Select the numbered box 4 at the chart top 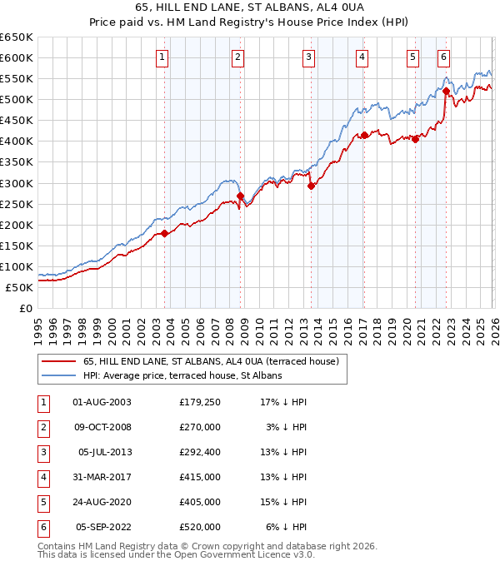tap(362, 57)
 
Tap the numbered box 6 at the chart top tap(443, 57)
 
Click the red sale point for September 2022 tap(446, 91)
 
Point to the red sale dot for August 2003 tap(164, 233)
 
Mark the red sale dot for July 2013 tap(311, 186)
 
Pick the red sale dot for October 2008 tap(240, 196)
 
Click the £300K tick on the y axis tap(17, 183)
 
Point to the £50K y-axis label tap(20, 287)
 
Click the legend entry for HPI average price tap(182, 375)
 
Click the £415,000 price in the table tap(200, 477)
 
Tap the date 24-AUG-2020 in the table tap(102, 502)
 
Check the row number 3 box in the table tap(42, 452)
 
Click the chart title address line tap(250, 7)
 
